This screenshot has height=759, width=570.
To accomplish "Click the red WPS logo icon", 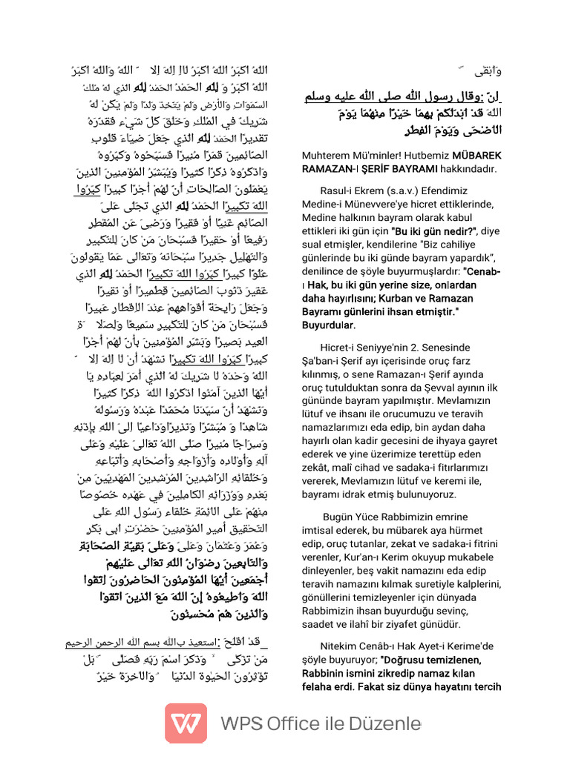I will [186, 723].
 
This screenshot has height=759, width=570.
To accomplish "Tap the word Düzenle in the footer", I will [384, 723].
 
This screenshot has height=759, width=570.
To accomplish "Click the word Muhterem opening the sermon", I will [328, 155].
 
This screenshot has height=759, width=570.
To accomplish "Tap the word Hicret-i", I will [341, 347].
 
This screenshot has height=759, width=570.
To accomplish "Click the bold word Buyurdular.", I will [329, 325].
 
